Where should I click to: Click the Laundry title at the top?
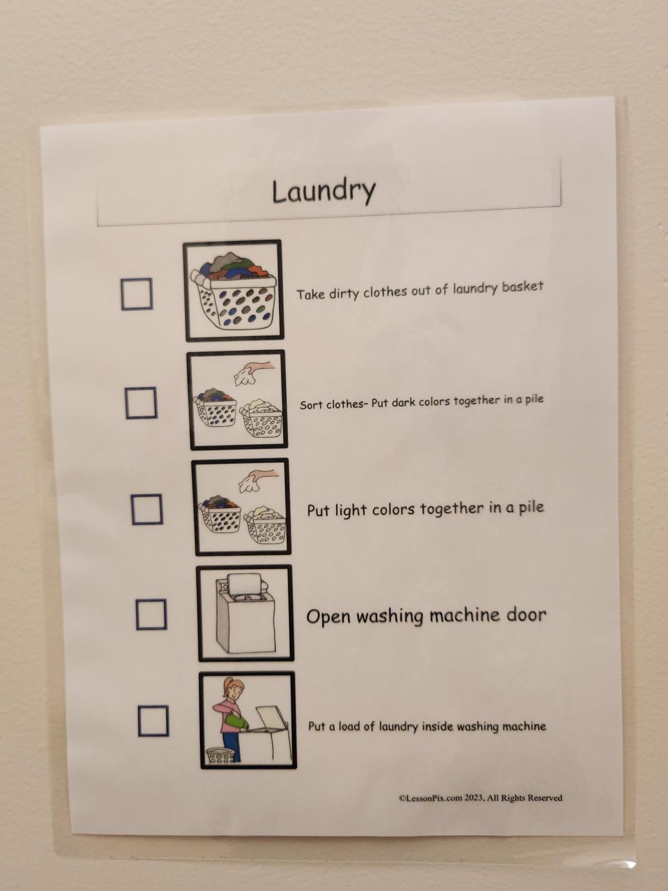tap(324, 192)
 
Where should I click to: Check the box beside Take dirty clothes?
tap(137, 294)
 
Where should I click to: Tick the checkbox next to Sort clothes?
tap(141, 403)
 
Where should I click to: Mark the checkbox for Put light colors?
tap(147, 509)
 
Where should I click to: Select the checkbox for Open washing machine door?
tap(151, 615)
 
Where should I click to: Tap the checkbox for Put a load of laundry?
tap(153, 721)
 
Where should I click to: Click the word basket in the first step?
tap(523, 286)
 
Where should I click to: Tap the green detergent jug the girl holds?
tap(236, 721)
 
